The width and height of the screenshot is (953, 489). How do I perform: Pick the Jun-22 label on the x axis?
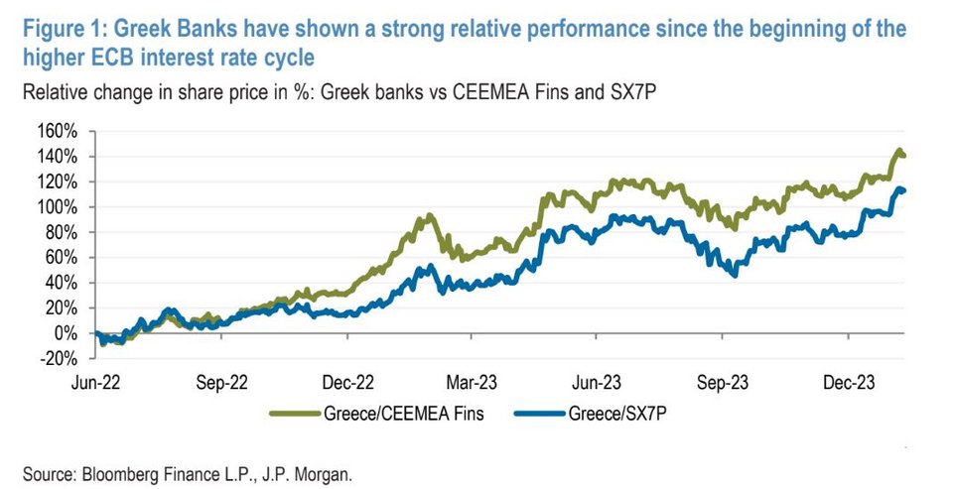click(95, 380)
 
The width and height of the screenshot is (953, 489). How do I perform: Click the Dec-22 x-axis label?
click(346, 380)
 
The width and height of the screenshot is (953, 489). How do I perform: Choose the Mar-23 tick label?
click(473, 380)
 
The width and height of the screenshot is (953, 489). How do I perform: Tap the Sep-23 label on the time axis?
click(725, 380)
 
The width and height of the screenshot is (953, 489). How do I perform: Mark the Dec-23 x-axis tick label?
click(850, 380)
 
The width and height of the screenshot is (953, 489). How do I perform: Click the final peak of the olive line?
click(899, 151)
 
